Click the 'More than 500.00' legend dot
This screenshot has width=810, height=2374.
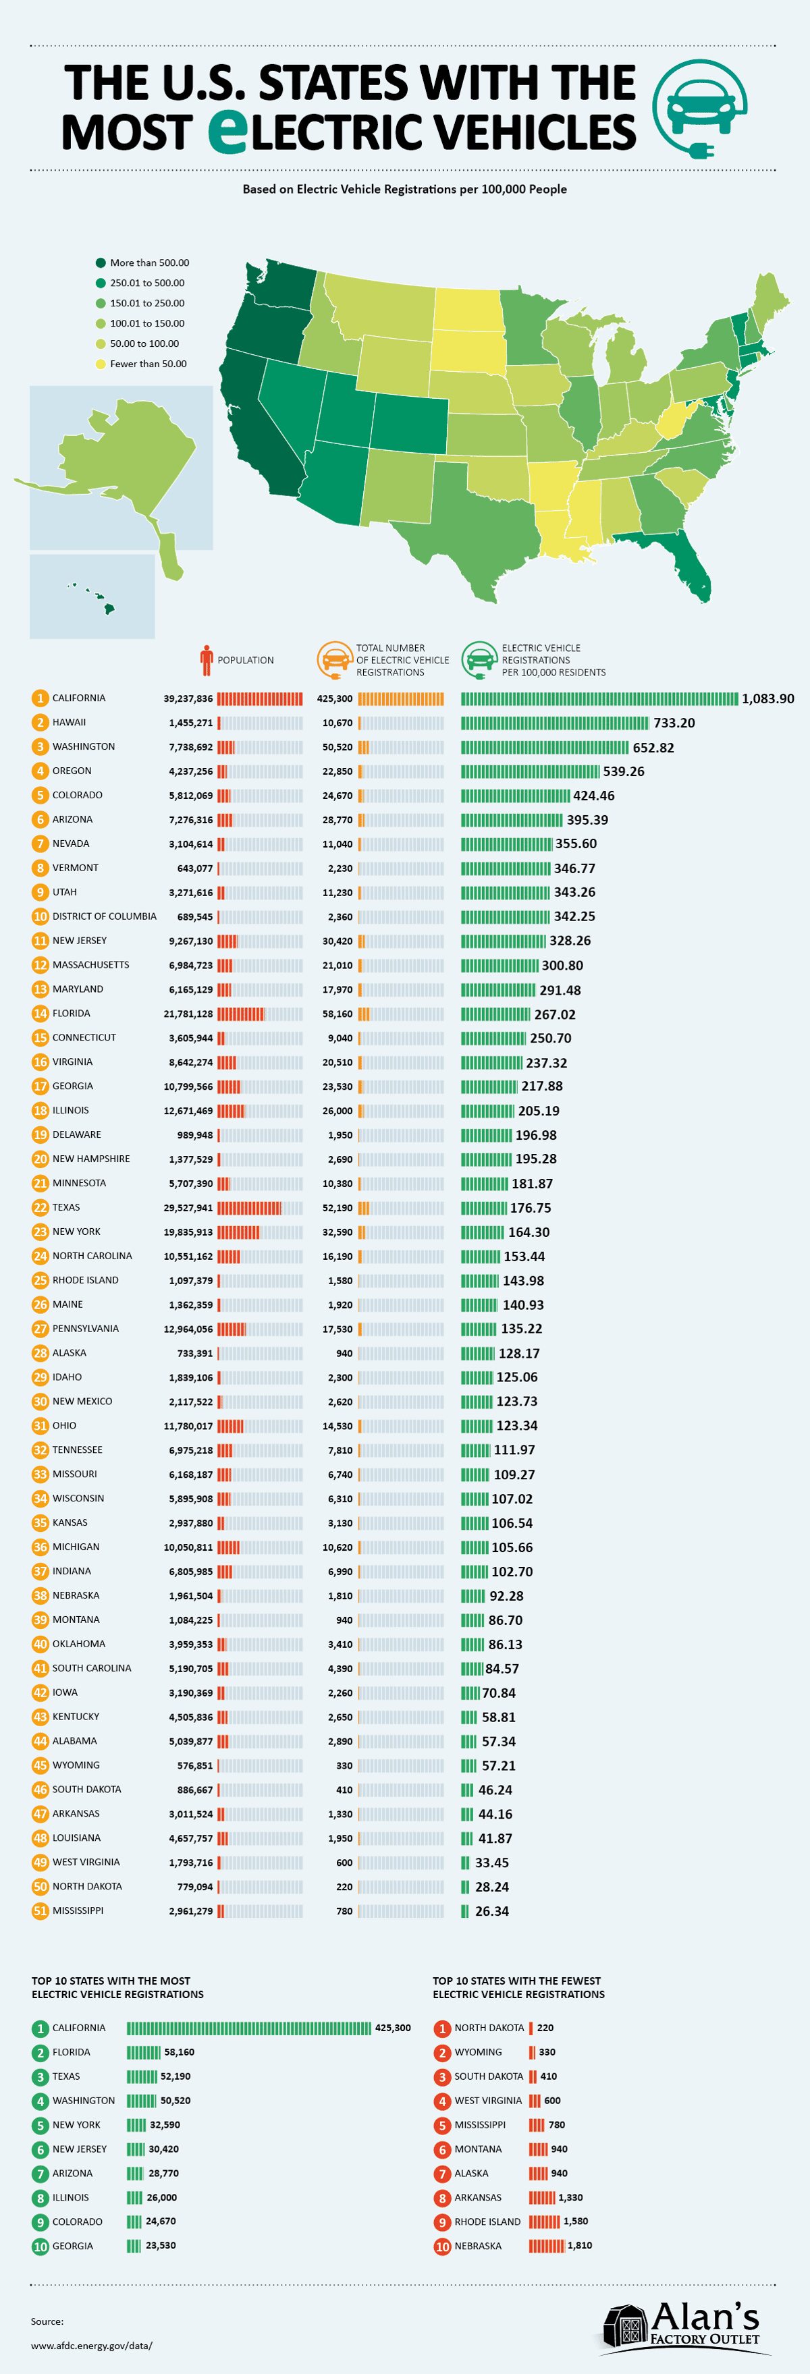click(x=101, y=263)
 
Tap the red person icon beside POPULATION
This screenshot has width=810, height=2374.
click(x=207, y=660)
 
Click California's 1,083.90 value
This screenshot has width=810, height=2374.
click(x=767, y=698)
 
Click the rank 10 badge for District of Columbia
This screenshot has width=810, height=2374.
click(x=40, y=916)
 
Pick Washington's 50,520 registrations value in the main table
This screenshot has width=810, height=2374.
click(x=337, y=746)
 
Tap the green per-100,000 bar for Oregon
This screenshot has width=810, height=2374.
click(x=530, y=771)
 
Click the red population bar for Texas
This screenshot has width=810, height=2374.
click(x=249, y=1207)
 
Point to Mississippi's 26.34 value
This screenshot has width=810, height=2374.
click(x=492, y=1910)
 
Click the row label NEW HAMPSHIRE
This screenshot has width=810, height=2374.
click(x=91, y=1159)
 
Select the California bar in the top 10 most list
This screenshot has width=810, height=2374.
click(x=249, y=2028)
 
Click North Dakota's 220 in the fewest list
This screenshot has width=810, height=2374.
click(x=545, y=2028)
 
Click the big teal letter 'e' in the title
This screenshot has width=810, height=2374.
click(x=227, y=132)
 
